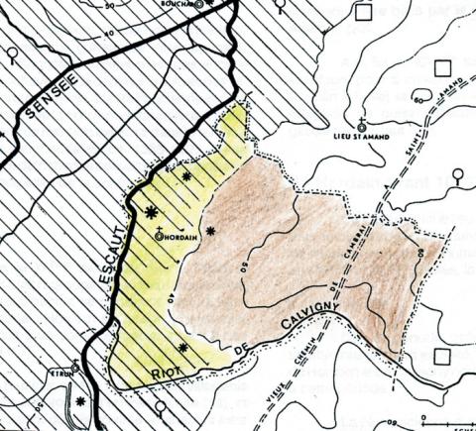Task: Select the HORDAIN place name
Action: click(178, 238)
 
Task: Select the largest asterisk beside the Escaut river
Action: click(151, 211)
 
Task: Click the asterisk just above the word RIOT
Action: click(182, 347)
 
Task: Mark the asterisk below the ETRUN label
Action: click(79, 401)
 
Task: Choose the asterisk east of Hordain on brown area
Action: click(210, 232)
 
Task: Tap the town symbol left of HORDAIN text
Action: click(160, 237)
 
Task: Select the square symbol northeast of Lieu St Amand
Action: click(441, 70)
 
